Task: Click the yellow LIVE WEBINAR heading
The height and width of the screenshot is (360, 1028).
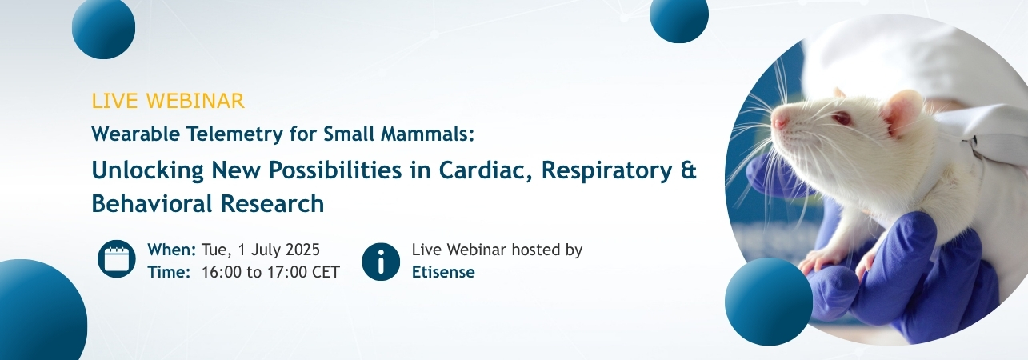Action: tap(168, 101)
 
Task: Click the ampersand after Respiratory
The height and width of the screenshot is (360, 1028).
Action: tap(688, 170)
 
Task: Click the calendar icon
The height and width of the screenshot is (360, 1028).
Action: tap(117, 258)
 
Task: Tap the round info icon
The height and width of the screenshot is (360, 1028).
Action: tap(381, 262)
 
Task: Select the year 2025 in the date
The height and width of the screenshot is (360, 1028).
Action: tap(302, 250)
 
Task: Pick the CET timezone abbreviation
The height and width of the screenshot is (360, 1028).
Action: tap(326, 272)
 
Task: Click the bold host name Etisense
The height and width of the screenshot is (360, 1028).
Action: tap(443, 272)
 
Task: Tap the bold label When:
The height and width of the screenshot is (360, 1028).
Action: tap(172, 250)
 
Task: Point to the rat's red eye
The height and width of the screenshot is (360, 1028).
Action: tap(842, 119)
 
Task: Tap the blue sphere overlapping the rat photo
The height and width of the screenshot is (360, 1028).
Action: tap(769, 302)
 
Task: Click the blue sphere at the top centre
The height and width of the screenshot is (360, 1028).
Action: tap(679, 14)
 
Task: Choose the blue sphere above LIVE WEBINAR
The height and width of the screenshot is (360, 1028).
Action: tap(104, 27)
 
